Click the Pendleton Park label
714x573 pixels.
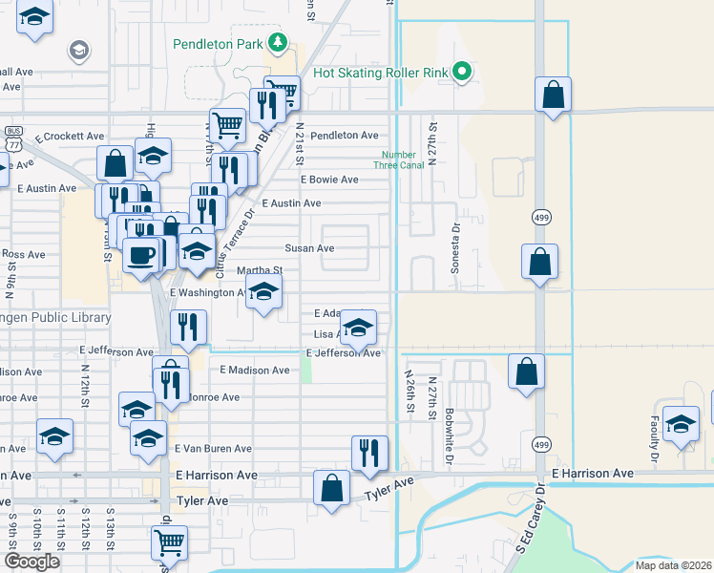[x=218, y=44]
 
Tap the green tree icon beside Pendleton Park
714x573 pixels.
[x=278, y=42]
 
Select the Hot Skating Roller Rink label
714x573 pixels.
[x=380, y=73]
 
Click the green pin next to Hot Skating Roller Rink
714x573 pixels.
[x=462, y=72]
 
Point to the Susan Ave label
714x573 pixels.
[x=316, y=248]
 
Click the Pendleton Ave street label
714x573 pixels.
[x=344, y=136]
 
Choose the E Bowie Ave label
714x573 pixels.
[x=329, y=180]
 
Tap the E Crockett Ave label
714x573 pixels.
[x=70, y=137]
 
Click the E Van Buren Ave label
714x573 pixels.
[x=212, y=448]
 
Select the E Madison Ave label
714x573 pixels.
[x=254, y=370]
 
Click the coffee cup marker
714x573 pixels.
[x=141, y=255]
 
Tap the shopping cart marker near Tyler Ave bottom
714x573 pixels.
[x=169, y=541]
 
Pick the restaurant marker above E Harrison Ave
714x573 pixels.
[x=368, y=451]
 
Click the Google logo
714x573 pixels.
[x=32, y=562]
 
